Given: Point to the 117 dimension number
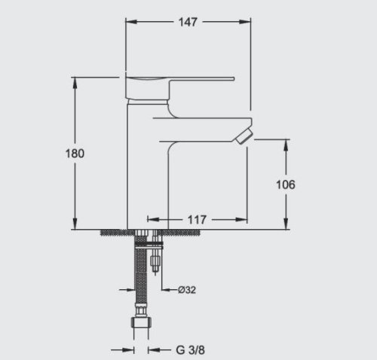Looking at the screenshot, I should (x=197, y=219).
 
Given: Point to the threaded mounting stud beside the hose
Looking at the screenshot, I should (x=155, y=260).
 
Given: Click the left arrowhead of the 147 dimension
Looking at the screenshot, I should (x=128, y=22).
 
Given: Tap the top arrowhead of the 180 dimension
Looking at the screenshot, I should (x=75, y=81).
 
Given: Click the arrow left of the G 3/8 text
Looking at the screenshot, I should (x=129, y=349).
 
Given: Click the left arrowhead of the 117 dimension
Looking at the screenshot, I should (x=151, y=219).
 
